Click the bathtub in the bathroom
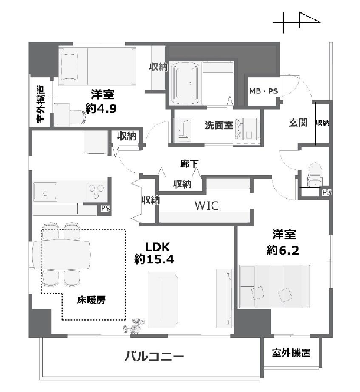pos(186,83)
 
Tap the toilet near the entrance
pos(315,174)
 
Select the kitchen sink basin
pos(45,192)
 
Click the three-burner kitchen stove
pos(96,191)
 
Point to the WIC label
pos(207,206)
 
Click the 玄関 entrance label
pos(297,123)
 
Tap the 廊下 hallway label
pos(189,164)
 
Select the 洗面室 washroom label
pos(219,125)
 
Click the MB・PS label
pos(263,91)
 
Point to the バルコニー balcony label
pos(154,356)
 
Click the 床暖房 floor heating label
pos(91,299)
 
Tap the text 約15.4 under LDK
pos(153,259)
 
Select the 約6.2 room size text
pos(283,250)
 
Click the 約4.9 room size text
pos(101,108)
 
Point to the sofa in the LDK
pos(163,299)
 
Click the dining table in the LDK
pos(61,255)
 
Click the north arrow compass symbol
pos(297,22)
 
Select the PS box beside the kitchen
pos(105,209)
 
